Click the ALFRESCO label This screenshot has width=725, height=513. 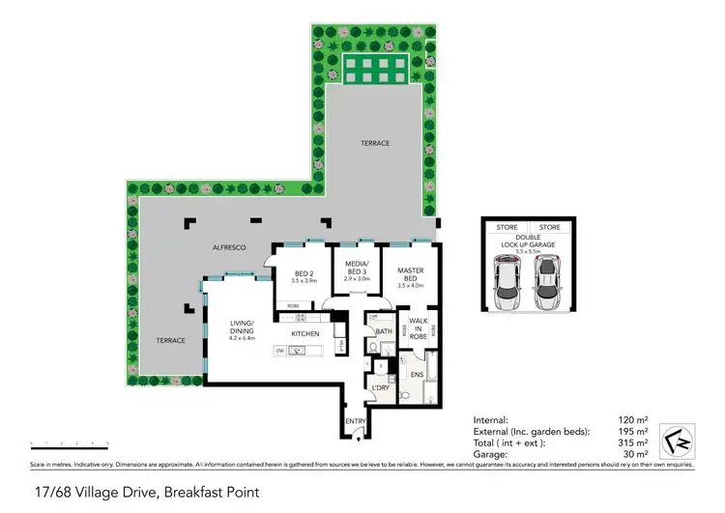(229, 248)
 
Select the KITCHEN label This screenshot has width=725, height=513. (305, 334)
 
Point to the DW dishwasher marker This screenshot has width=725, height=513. (279, 352)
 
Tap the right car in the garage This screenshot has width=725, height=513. (547, 284)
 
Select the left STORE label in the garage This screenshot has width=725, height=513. (507, 227)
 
